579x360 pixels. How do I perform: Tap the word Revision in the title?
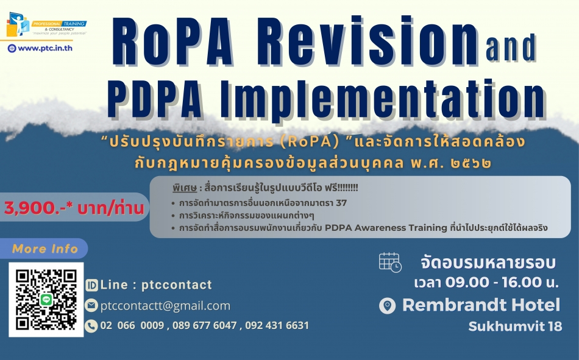367,41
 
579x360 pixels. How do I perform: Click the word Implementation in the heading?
383,98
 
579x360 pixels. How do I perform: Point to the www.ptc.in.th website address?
44,48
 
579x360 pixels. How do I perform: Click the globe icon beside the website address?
12,48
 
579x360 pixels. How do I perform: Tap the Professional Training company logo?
46,24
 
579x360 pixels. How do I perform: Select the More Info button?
44,249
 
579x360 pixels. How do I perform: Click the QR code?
46,300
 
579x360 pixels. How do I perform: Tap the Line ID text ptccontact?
177,284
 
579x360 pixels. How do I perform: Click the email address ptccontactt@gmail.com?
165,306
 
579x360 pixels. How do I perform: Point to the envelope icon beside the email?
91,306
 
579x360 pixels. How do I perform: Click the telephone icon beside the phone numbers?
91,326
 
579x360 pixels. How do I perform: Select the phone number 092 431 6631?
277,325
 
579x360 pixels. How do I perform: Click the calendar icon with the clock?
390,263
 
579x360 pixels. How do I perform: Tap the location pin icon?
388,306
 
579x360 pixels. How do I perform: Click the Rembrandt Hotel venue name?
481,305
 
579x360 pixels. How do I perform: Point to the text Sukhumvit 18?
515,326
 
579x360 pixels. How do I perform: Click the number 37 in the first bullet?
341,203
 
